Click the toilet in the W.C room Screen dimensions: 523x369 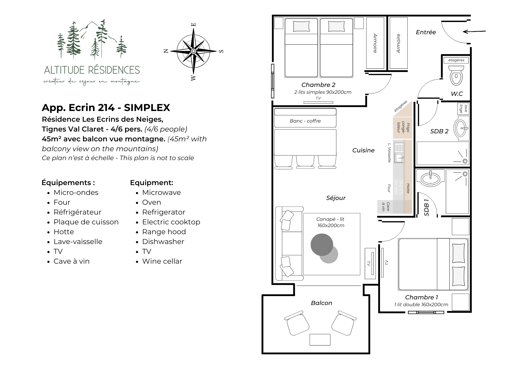[x=456, y=75]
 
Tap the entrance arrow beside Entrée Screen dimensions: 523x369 [x=474, y=31]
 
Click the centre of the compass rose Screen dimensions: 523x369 [x=193, y=51]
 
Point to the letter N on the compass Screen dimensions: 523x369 [x=166, y=51]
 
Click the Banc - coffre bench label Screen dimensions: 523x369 [x=305, y=121]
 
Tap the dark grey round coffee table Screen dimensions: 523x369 [x=322, y=245]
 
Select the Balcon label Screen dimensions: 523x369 [x=321, y=303]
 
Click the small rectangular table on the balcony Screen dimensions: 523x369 [x=320, y=340]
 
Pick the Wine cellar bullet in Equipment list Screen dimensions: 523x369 [x=162, y=261]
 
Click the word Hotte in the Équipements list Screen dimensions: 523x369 [x=64, y=232]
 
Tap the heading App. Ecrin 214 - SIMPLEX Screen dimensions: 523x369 [x=106, y=107]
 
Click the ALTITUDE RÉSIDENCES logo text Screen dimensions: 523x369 [x=92, y=70]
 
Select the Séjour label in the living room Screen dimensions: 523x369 [x=336, y=198]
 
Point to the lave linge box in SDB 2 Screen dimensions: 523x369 [x=463, y=109]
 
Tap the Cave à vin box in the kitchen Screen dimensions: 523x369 [x=385, y=207]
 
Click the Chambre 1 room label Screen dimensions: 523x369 [x=421, y=297]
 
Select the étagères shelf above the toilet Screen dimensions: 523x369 [x=456, y=60]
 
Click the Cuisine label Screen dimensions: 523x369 [x=363, y=150]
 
